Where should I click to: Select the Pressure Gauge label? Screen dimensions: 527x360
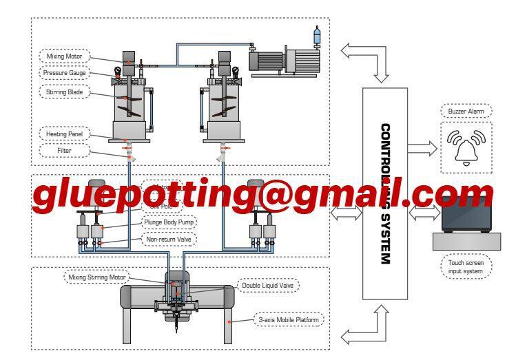click(65, 72)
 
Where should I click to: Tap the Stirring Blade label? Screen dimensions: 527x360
click(65, 91)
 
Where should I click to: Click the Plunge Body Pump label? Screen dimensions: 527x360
click(169, 222)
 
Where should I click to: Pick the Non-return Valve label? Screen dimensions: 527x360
click(169, 239)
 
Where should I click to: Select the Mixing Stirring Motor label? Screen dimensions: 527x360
click(97, 277)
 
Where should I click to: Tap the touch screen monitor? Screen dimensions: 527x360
click(466, 212)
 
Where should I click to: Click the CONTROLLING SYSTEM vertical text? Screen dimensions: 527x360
click(386, 194)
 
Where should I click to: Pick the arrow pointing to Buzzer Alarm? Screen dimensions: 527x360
click(422, 146)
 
